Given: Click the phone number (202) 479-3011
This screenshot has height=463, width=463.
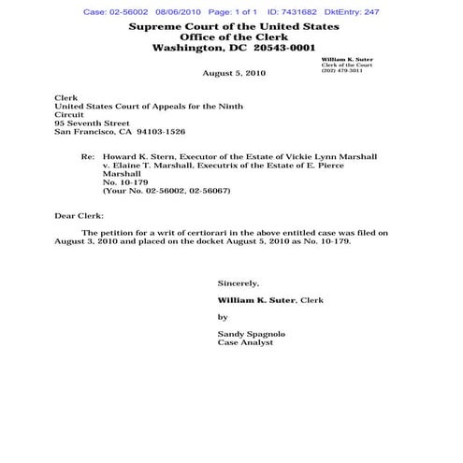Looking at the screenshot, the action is click(340, 70).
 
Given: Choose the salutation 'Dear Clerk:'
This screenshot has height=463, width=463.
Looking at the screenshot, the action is click(80, 215).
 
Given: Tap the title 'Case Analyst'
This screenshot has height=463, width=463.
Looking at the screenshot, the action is click(245, 343).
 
